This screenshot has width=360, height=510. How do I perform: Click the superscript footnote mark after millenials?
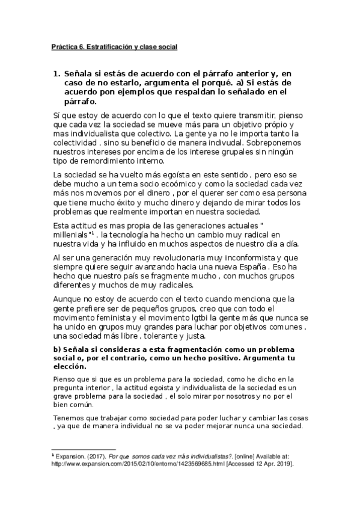93,232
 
